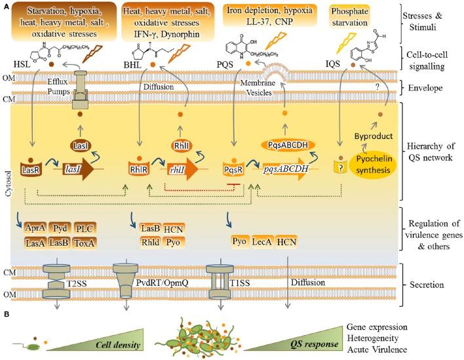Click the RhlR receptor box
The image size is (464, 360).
tap(140, 169)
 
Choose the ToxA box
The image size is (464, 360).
tap(87, 242)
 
